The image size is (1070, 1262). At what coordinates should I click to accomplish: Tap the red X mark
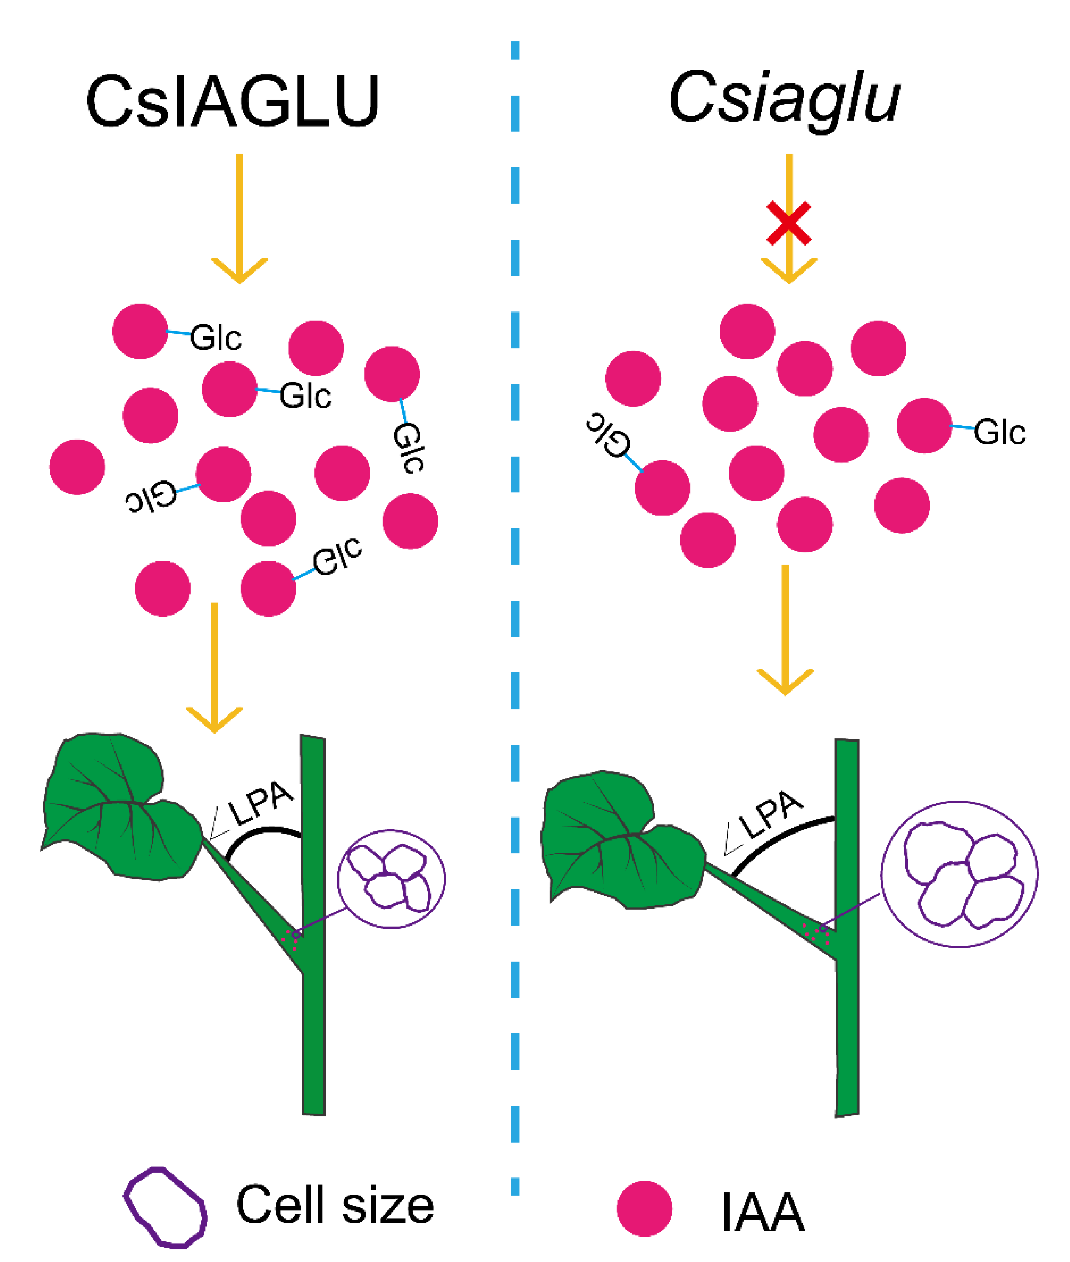(x=789, y=223)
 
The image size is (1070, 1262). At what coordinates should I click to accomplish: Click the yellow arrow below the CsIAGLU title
(x=239, y=218)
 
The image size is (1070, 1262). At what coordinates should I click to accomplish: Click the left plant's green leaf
(x=115, y=806)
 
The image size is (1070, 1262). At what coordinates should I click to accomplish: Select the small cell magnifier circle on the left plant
(x=391, y=878)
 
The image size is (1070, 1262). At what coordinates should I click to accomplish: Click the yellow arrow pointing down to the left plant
(x=214, y=667)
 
